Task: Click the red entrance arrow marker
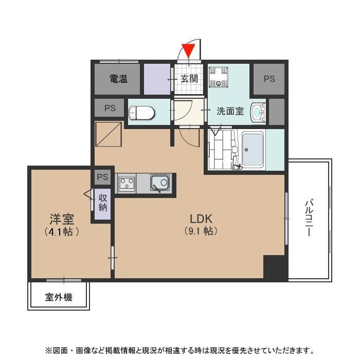pyautogui.click(x=188, y=50)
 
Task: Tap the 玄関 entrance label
pyautogui.click(x=189, y=79)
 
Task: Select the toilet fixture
pyautogui.click(x=141, y=113)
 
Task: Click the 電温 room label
pyautogui.click(x=118, y=79)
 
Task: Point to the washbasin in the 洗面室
pyautogui.click(x=258, y=112)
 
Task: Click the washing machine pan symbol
pyautogui.click(x=219, y=77)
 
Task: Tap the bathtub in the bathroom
pyautogui.click(x=253, y=150)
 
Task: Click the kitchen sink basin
pyautogui.click(x=160, y=183)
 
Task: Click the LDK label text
pyautogui.click(x=201, y=219)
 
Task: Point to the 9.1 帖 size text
pyautogui.click(x=201, y=231)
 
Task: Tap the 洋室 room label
pyautogui.click(x=62, y=219)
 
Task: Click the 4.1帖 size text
pyautogui.click(x=62, y=232)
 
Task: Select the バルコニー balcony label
pyautogui.click(x=309, y=218)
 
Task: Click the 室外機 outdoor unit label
pyautogui.click(x=59, y=297)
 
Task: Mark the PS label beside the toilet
pyautogui.click(x=110, y=108)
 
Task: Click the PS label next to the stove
pyautogui.click(x=102, y=177)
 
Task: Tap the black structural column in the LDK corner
pyautogui.click(x=274, y=267)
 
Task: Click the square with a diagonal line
pyautogui.click(x=109, y=134)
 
